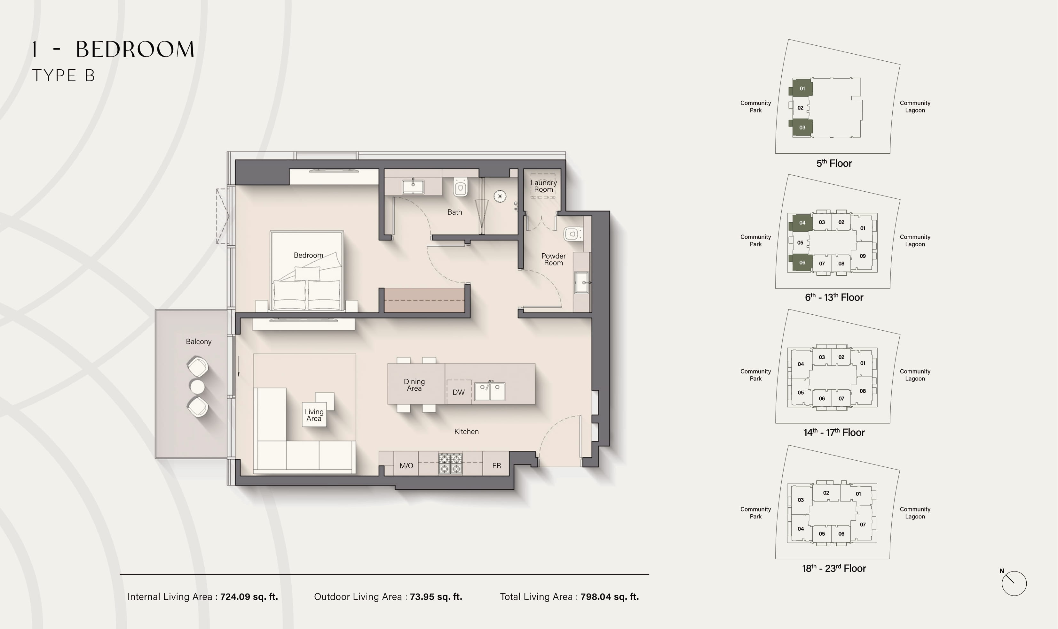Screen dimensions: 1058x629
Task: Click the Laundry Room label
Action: [x=543, y=186]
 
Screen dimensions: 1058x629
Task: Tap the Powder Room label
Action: [x=554, y=259]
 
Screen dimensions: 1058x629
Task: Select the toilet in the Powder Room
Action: [x=573, y=234]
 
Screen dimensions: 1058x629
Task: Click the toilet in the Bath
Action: [x=460, y=187]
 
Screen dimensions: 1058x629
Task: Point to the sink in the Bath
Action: [x=413, y=186]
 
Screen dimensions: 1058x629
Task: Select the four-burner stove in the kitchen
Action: [x=450, y=463]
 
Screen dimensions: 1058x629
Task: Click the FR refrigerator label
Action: [x=496, y=466]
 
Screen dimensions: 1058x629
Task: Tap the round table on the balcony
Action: [x=197, y=387]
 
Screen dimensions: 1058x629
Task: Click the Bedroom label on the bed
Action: [x=308, y=255]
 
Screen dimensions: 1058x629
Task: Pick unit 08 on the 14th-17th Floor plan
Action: [x=863, y=391]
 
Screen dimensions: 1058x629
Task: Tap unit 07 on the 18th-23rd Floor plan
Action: [x=863, y=524]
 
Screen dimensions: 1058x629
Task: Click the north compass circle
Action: [x=1014, y=583]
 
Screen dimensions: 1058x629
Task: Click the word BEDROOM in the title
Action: [x=135, y=49]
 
